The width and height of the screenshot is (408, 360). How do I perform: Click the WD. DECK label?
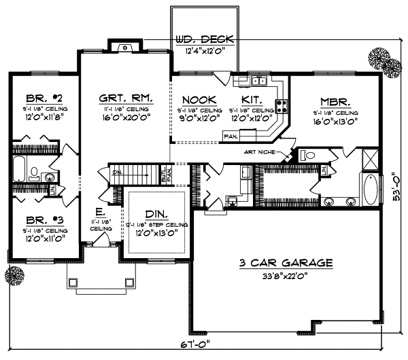coord(205,39)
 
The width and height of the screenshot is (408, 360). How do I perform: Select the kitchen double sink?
coord(258,81)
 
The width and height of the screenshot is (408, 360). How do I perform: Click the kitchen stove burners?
coord(282,105)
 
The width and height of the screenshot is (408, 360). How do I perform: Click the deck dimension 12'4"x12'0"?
coord(205,51)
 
